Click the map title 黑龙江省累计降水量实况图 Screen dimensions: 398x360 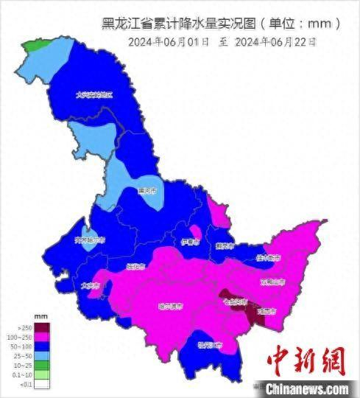pos(221,23)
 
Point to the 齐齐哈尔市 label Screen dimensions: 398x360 pos(90,240)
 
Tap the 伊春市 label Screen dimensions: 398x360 pos(190,241)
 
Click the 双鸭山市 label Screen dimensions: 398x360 pos(275,281)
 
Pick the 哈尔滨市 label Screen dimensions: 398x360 pos(170,305)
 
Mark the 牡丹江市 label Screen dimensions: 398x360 pos(213,344)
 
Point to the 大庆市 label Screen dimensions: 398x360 pos(89,285)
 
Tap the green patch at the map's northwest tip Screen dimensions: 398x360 pos(33,46)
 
